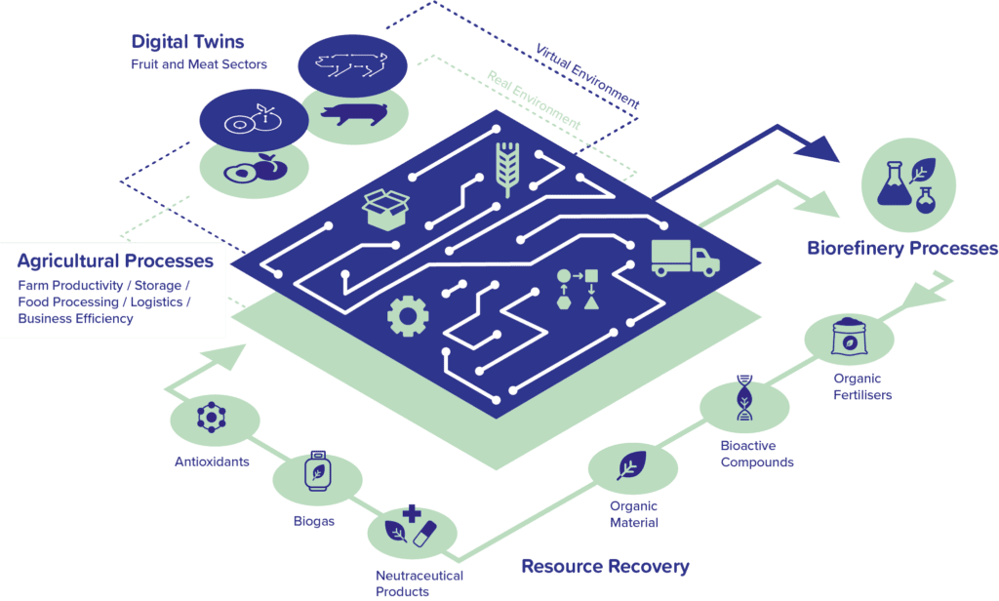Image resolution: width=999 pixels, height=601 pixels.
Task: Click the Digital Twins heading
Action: [187, 43]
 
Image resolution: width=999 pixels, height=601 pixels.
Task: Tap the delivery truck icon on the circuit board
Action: [684, 258]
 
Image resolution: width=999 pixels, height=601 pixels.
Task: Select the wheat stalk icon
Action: [507, 168]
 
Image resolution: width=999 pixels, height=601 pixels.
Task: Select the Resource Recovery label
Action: [605, 566]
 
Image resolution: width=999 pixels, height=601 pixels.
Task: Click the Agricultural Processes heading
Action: [115, 261]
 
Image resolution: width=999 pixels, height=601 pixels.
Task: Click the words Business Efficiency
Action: [75, 319]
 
